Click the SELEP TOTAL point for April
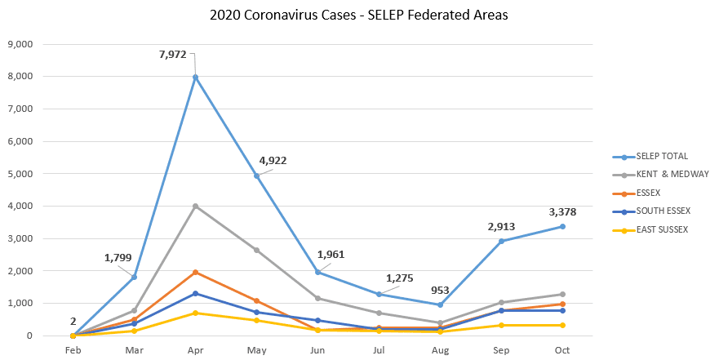tap(196, 78)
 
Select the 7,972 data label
tap(172, 55)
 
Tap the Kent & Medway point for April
tap(196, 207)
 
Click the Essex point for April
tap(196, 272)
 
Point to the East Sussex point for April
tap(196, 313)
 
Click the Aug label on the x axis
tap(441, 350)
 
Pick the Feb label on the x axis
tap(73, 350)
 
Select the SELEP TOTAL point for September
tap(502, 241)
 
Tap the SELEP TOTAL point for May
tap(257, 176)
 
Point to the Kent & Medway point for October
tap(563, 294)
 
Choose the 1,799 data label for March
tap(118, 258)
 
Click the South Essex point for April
tap(196, 293)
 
